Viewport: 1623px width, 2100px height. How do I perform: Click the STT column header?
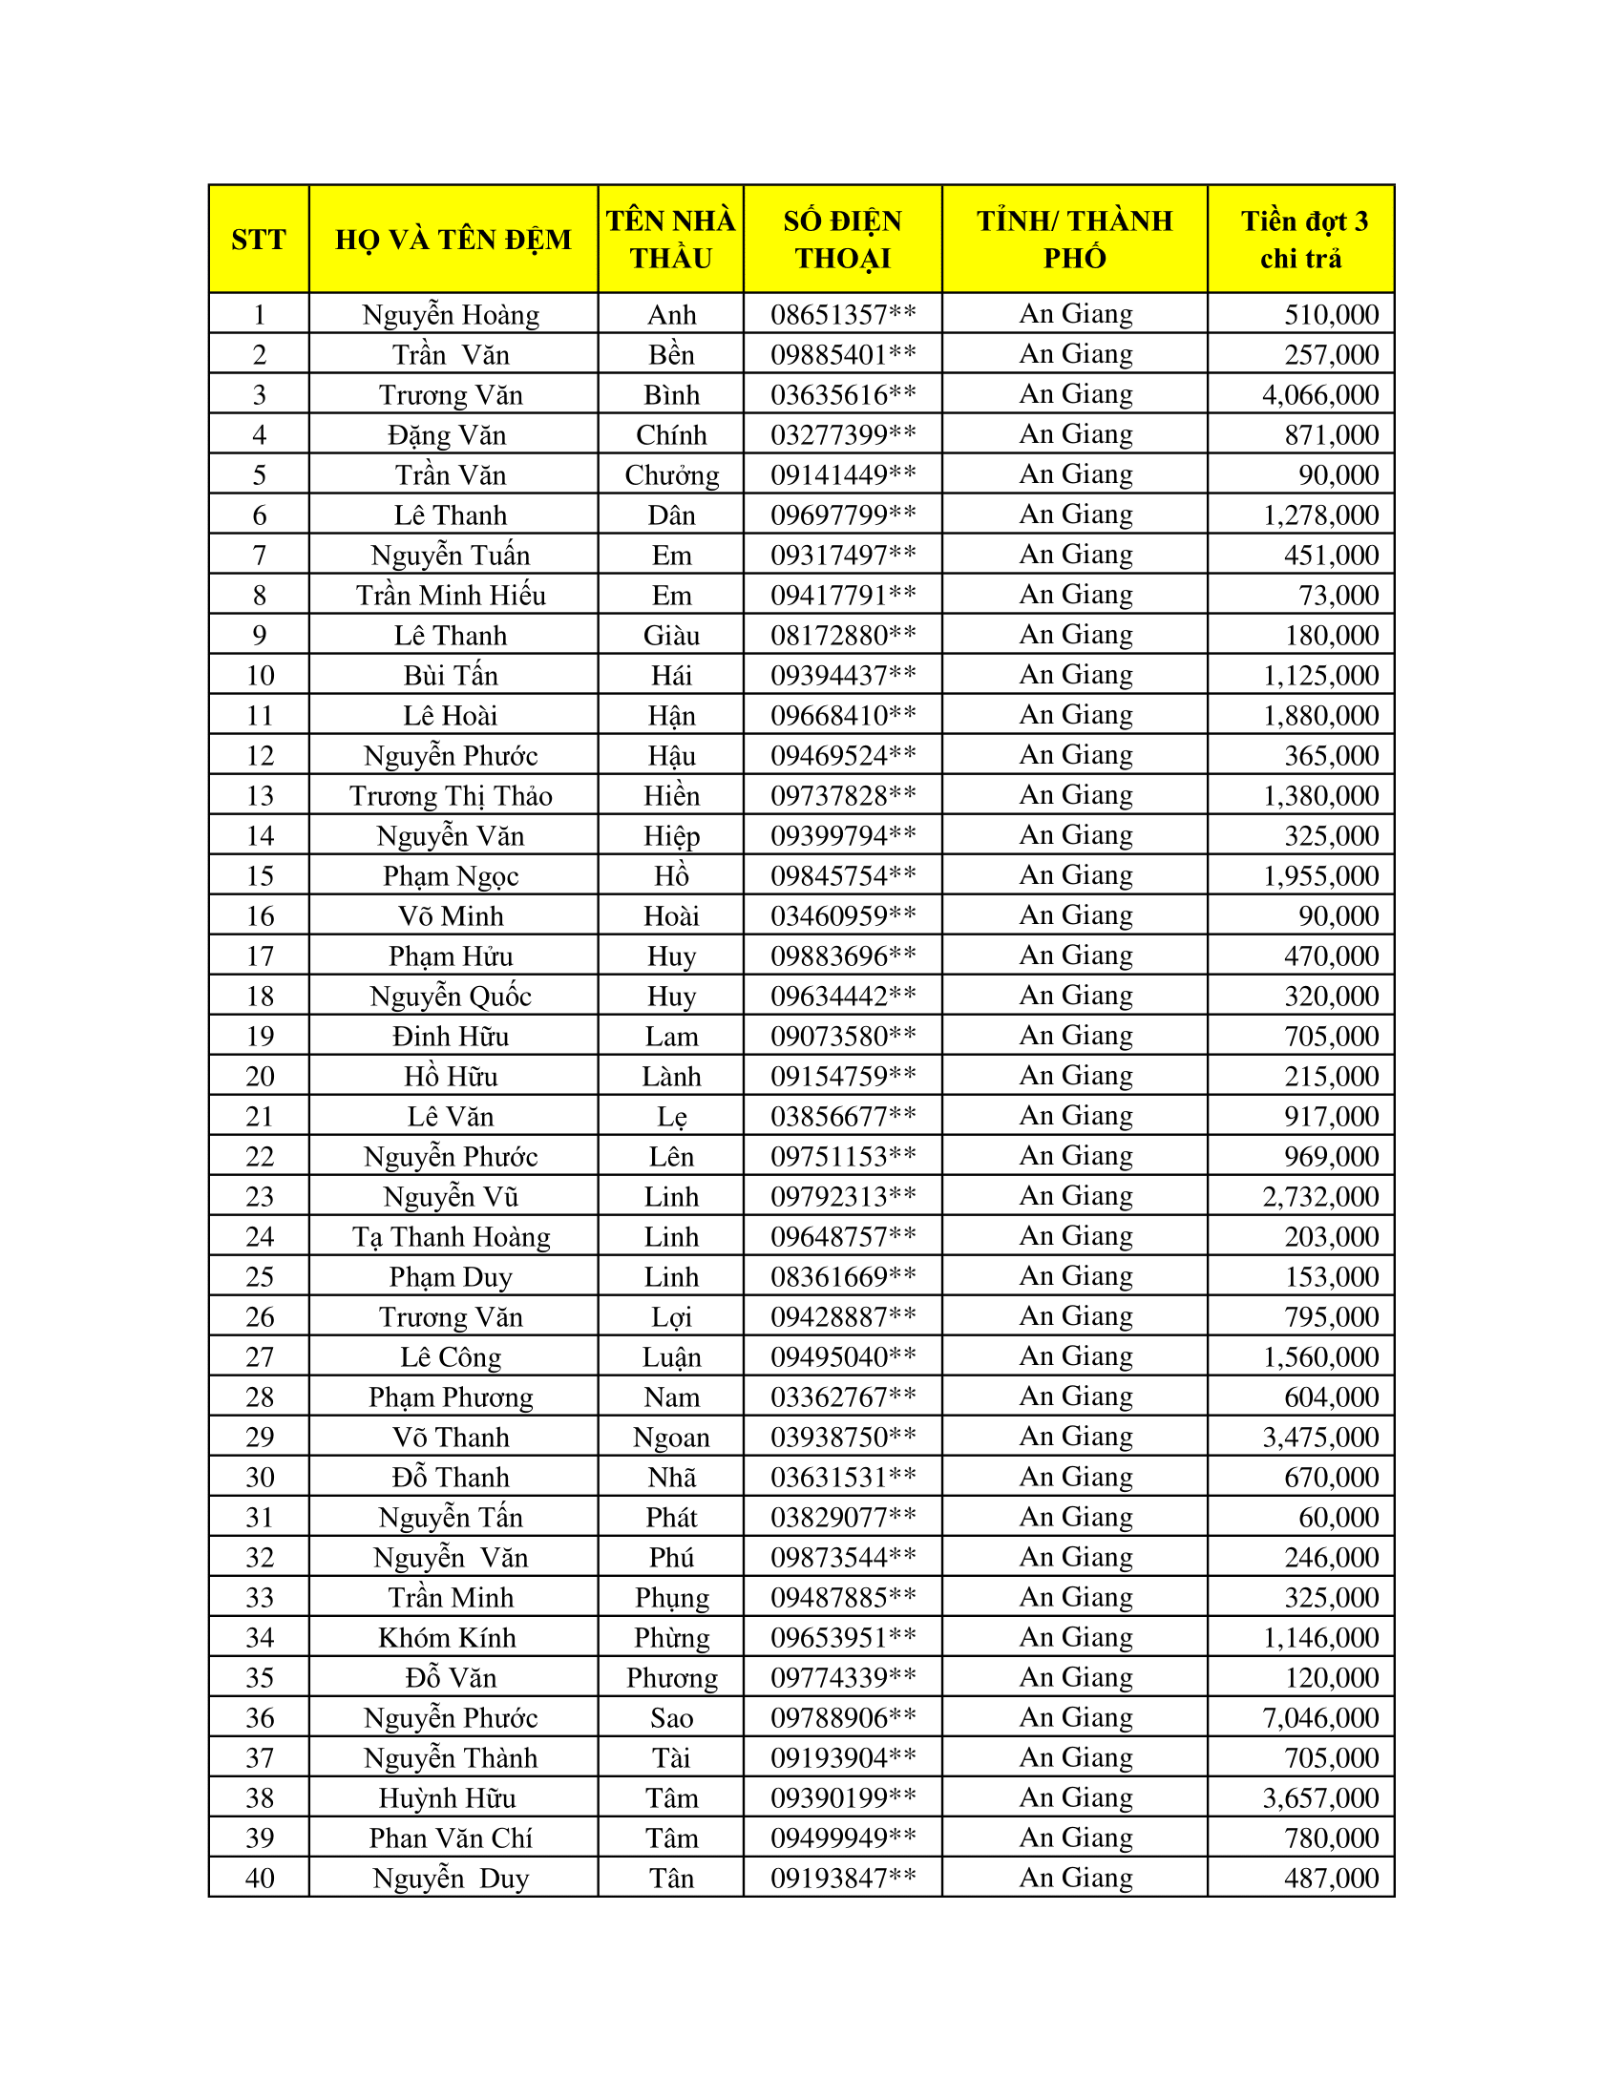click(259, 240)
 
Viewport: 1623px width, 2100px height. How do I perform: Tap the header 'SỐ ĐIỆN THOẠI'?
click(842, 240)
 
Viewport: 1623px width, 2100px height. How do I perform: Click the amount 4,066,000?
click(1320, 395)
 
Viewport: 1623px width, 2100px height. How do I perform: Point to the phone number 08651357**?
click(842, 314)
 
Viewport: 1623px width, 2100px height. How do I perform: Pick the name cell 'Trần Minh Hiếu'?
click(451, 596)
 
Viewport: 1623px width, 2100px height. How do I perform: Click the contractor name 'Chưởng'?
click(671, 475)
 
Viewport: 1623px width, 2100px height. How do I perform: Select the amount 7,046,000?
click(1320, 1717)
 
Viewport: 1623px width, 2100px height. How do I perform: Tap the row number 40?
click(260, 1878)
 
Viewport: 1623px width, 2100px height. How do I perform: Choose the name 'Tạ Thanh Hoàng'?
click(451, 1236)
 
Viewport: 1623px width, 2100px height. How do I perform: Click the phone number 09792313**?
click(842, 1196)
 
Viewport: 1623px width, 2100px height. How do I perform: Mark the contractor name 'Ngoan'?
click(671, 1438)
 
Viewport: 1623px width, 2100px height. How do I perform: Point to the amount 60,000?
click(1338, 1518)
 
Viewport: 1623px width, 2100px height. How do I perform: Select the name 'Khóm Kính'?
click(447, 1637)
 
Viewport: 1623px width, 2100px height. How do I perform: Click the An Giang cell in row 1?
click(1076, 314)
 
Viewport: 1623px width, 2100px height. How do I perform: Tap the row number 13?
click(260, 796)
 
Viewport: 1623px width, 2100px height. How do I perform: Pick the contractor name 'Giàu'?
click(671, 636)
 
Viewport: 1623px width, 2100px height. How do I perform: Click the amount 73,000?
click(1338, 596)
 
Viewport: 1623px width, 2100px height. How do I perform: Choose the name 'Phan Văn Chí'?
click(451, 1838)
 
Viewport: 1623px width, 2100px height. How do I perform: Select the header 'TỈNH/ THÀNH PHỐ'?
click(1075, 240)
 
